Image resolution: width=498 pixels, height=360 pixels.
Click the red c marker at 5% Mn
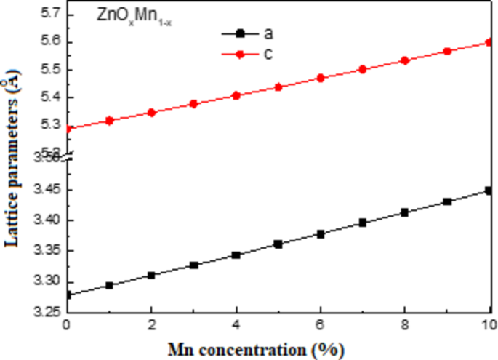(x=278, y=87)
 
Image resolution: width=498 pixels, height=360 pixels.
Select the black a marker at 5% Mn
(x=278, y=244)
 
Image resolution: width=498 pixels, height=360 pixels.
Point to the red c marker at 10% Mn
(x=490, y=42)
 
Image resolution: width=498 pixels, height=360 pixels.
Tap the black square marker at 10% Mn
(x=490, y=191)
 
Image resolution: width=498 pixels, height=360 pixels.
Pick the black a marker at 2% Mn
(x=151, y=276)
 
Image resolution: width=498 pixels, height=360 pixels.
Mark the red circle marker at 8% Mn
(x=406, y=60)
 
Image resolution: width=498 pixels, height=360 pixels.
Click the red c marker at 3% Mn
(x=193, y=104)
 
